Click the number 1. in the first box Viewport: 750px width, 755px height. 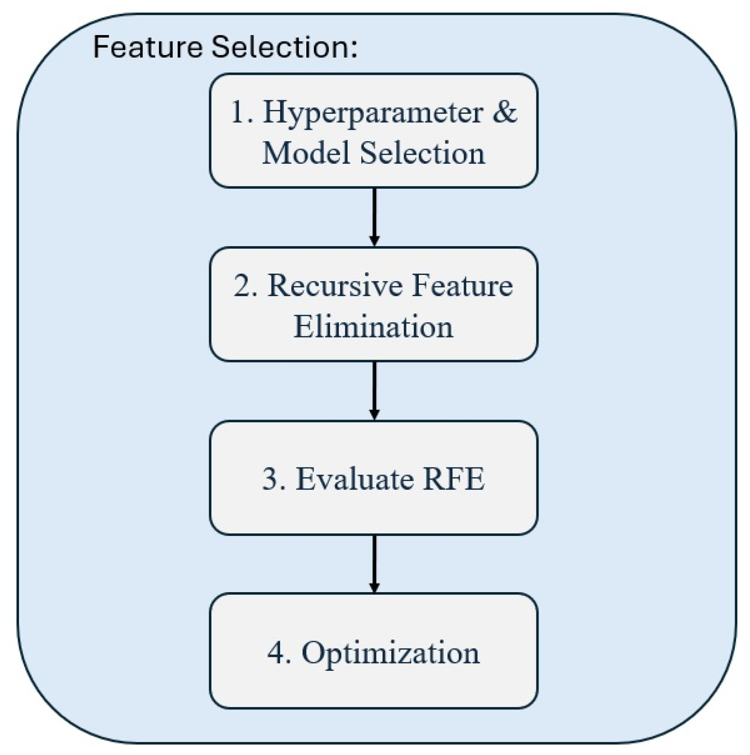click(242, 113)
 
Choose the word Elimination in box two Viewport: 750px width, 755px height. click(374, 326)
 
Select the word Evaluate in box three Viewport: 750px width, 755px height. click(354, 479)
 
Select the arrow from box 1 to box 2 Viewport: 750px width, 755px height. click(374, 217)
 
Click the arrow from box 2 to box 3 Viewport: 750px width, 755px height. click(374, 390)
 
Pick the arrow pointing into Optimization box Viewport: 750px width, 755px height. click(374, 563)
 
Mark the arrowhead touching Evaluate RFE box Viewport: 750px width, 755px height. click(374, 415)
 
